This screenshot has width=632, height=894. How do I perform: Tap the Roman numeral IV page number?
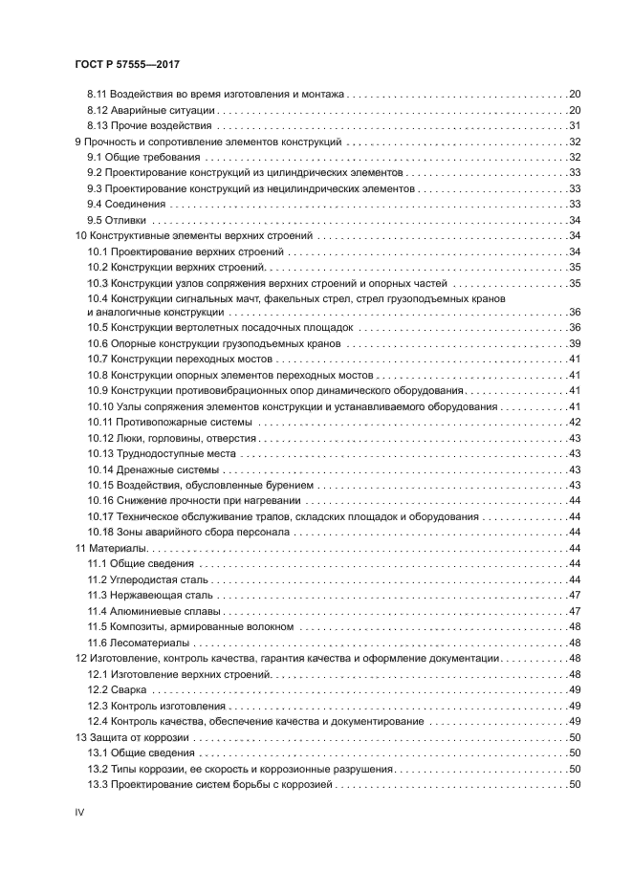pyautogui.click(x=80, y=810)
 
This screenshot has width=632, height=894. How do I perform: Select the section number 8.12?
pyautogui.click(x=97, y=110)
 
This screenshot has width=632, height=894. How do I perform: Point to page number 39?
pyautogui.click(x=576, y=343)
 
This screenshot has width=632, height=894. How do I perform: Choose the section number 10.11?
pyautogui.click(x=99, y=422)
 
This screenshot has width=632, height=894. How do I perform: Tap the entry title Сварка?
pyautogui.click(x=128, y=689)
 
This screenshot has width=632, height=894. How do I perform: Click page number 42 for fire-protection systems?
pyautogui.click(x=576, y=422)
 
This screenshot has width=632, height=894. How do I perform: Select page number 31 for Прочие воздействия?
pyautogui.click(x=576, y=125)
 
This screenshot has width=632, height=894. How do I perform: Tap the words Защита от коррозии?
pyautogui.click(x=139, y=737)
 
